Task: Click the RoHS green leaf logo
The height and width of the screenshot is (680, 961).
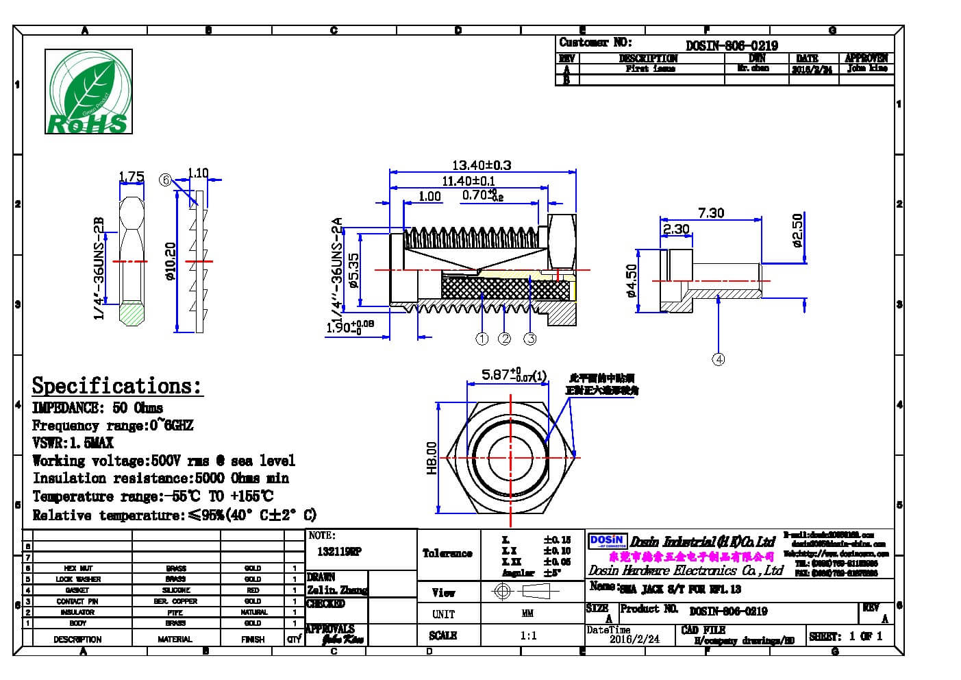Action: [x=88, y=91]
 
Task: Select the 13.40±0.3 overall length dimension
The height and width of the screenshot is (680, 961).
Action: [x=481, y=165]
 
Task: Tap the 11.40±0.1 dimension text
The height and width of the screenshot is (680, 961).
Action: [x=468, y=181]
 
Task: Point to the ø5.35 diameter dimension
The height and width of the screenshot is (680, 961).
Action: [x=353, y=270]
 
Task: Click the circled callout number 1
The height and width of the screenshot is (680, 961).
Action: [x=482, y=339]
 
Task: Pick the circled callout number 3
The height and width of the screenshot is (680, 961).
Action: [x=529, y=339]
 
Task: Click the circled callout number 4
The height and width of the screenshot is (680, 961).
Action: [x=718, y=359]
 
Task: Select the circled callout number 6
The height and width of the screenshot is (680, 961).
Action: [x=164, y=180]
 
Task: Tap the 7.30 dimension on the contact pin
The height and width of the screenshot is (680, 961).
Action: [x=710, y=213]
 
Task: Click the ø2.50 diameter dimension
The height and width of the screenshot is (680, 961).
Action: [x=796, y=230]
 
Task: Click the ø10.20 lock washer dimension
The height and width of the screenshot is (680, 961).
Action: [x=171, y=261]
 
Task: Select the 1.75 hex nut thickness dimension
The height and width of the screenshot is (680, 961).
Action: [x=132, y=177]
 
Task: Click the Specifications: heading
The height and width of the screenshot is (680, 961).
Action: [x=117, y=386]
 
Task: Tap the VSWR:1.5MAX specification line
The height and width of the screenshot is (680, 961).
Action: [x=73, y=443]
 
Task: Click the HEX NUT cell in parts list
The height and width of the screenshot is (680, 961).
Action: [x=78, y=568]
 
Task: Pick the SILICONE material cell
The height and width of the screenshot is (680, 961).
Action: [x=175, y=590]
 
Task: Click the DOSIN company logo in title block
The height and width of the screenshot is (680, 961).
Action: [x=607, y=542]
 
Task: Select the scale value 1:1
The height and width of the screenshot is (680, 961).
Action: [x=528, y=635]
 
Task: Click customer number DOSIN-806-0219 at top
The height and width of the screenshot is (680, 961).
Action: [x=732, y=45]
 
